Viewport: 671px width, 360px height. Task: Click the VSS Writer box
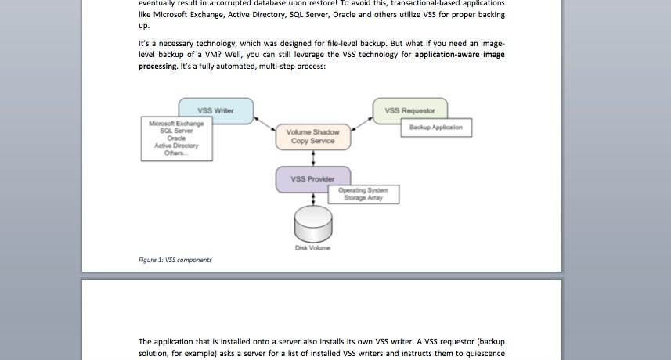coord(215,110)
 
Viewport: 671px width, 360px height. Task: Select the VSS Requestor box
coord(410,110)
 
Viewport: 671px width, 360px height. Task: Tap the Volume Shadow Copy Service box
coord(313,136)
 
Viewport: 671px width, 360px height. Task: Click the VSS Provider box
coord(312,179)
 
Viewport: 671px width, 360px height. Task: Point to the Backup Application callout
coord(436,128)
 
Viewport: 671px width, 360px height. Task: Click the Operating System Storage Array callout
coord(367,194)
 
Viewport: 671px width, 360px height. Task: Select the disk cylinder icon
coord(312,224)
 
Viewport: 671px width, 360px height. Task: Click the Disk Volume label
coord(312,248)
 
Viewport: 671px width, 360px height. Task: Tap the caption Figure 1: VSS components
coord(175,260)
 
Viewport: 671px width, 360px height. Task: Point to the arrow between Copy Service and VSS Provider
coord(313,158)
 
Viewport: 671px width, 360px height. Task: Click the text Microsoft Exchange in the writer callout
coord(176,124)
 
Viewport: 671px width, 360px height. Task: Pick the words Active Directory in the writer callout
coord(176,146)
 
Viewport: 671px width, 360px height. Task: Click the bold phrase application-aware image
coord(460,56)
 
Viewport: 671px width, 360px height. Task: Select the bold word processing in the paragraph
coord(157,67)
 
